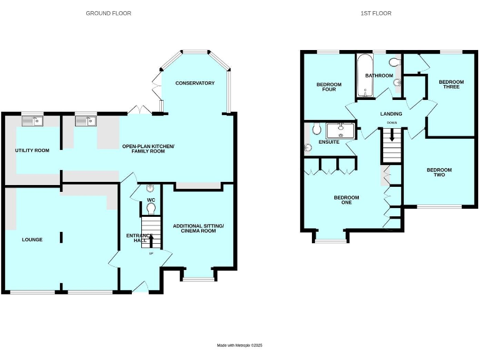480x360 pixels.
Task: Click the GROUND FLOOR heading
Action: point(108,13)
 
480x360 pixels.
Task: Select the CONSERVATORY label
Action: point(194,83)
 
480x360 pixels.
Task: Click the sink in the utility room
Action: point(31,121)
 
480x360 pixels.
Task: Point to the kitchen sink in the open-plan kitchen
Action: point(84,121)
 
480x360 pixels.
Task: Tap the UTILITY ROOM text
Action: point(32,151)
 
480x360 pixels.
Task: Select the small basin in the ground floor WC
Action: point(151,188)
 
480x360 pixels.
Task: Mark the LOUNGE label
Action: point(32,239)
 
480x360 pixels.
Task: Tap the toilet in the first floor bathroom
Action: point(394,62)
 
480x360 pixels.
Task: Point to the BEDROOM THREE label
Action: point(451,84)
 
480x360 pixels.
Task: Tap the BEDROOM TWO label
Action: point(439,172)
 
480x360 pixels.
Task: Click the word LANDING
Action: point(392,114)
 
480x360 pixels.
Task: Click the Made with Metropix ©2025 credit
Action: point(240,345)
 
